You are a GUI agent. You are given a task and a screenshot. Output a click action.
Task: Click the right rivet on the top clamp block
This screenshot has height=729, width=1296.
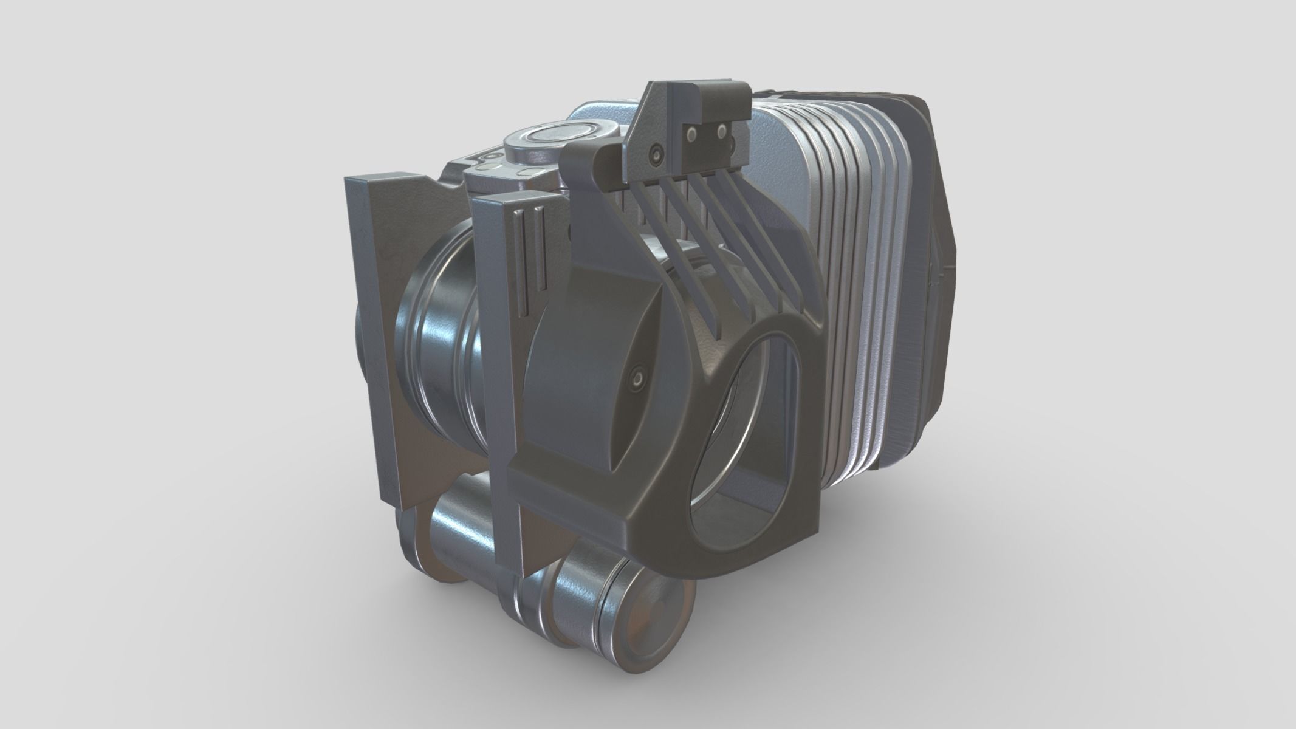[721, 131]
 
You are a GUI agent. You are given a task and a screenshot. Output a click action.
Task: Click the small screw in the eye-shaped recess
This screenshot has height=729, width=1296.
[636, 380]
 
